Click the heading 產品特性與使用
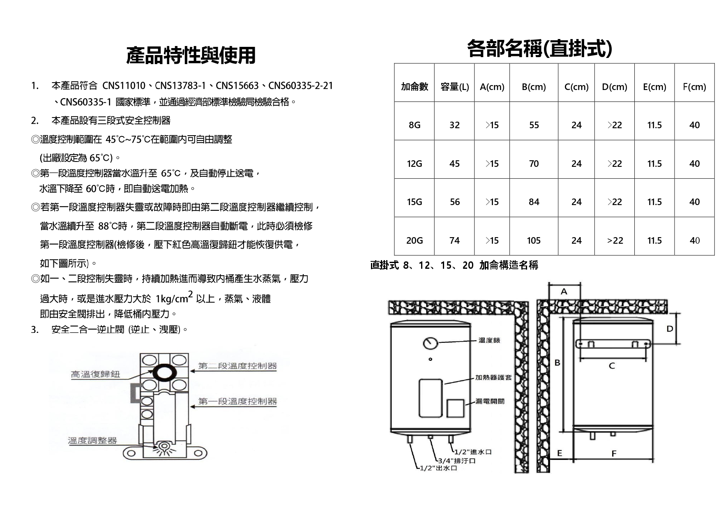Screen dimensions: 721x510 191,55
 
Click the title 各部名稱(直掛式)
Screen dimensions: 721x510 539,48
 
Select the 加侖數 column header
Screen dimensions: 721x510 415,87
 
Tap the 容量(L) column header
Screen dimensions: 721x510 454,87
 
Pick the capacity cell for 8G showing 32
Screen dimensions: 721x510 454,125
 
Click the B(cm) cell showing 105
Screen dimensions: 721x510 534,240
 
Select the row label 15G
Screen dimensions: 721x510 415,202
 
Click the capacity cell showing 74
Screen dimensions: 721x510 454,240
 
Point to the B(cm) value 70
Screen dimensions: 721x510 534,164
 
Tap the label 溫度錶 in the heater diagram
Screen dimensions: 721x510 489,340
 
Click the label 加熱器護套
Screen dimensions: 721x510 494,377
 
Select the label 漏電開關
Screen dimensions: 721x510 490,401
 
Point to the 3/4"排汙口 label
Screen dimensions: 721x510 457,461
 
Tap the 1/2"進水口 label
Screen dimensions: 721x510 473,452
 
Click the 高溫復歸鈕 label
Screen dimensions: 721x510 96,374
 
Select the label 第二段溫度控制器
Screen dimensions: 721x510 237,366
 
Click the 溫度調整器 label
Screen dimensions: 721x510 92,441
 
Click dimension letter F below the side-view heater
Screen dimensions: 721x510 614,453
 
